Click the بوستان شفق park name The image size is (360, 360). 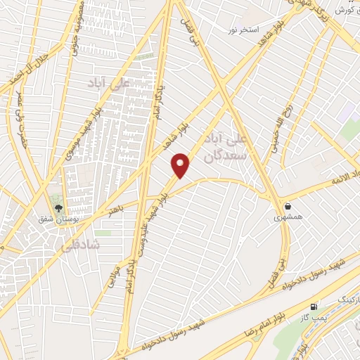pos(59,220)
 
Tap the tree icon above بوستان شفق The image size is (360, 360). pos(59,207)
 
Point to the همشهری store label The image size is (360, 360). pos(288,219)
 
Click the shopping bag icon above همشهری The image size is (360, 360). pos(288,206)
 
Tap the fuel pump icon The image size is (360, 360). pos(314,307)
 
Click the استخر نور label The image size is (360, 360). pos(259,30)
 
